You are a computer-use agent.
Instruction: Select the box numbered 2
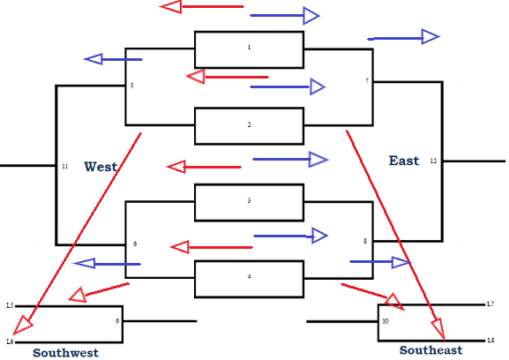(249, 125)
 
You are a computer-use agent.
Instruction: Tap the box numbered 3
(249, 202)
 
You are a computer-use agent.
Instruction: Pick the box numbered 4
(249, 278)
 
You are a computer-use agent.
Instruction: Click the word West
(101, 166)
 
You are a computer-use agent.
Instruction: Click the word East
(404, 161)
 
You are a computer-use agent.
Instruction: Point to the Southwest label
(65, 352)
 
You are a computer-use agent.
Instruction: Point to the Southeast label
(430, 350)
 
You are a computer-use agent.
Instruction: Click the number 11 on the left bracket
(64, 166)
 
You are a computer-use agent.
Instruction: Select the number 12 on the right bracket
(433, 161)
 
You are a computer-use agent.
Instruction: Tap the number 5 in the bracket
(132, 86)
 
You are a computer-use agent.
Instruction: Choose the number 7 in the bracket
(367, 81)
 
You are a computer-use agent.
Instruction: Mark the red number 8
(365, 241)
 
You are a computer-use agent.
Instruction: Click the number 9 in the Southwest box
(116, 321)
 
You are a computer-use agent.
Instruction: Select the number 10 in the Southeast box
(385, 321)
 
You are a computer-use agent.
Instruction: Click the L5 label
(10, 305)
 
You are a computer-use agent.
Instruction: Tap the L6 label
(10, 341)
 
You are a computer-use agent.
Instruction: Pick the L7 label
(490, 304)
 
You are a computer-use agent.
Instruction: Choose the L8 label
(490, 341)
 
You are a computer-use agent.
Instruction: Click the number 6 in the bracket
(135, 244)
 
